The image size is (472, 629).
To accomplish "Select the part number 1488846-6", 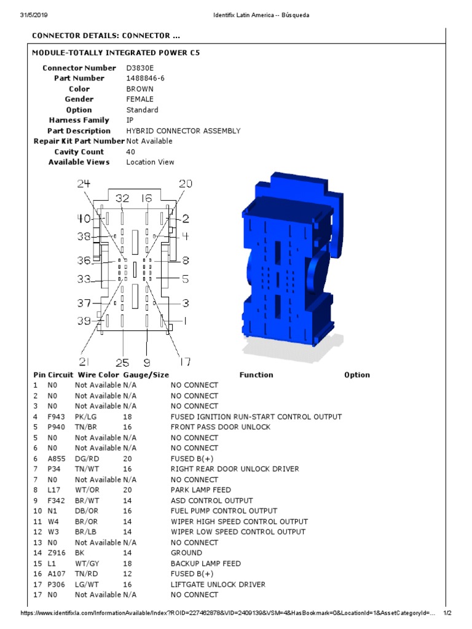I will [x=145, y=79].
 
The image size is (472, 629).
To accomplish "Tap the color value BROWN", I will [x=140, y=89].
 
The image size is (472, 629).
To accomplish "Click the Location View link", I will [x=150, y=162].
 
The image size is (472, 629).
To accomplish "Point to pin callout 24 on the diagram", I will [x=84, y=184].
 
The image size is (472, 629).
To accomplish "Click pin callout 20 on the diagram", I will [x=185, y=184].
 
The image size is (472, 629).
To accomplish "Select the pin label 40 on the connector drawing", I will [x=84, y=219].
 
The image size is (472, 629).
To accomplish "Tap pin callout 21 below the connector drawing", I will [x=85, y=361].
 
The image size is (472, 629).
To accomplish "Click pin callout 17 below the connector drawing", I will [x=184, y=361].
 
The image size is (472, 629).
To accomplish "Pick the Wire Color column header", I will [x=97, y=375].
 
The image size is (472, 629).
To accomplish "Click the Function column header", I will [x=256, y=375].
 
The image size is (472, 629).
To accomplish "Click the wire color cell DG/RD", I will [x=87, y=459].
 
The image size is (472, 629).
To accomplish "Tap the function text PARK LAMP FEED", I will [x=201, y=490].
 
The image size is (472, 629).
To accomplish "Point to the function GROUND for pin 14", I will [x=186, y=553].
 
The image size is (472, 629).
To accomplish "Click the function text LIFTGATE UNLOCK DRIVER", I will [x=218, y=584].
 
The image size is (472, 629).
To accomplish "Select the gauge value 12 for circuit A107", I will [x=127, y=574].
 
